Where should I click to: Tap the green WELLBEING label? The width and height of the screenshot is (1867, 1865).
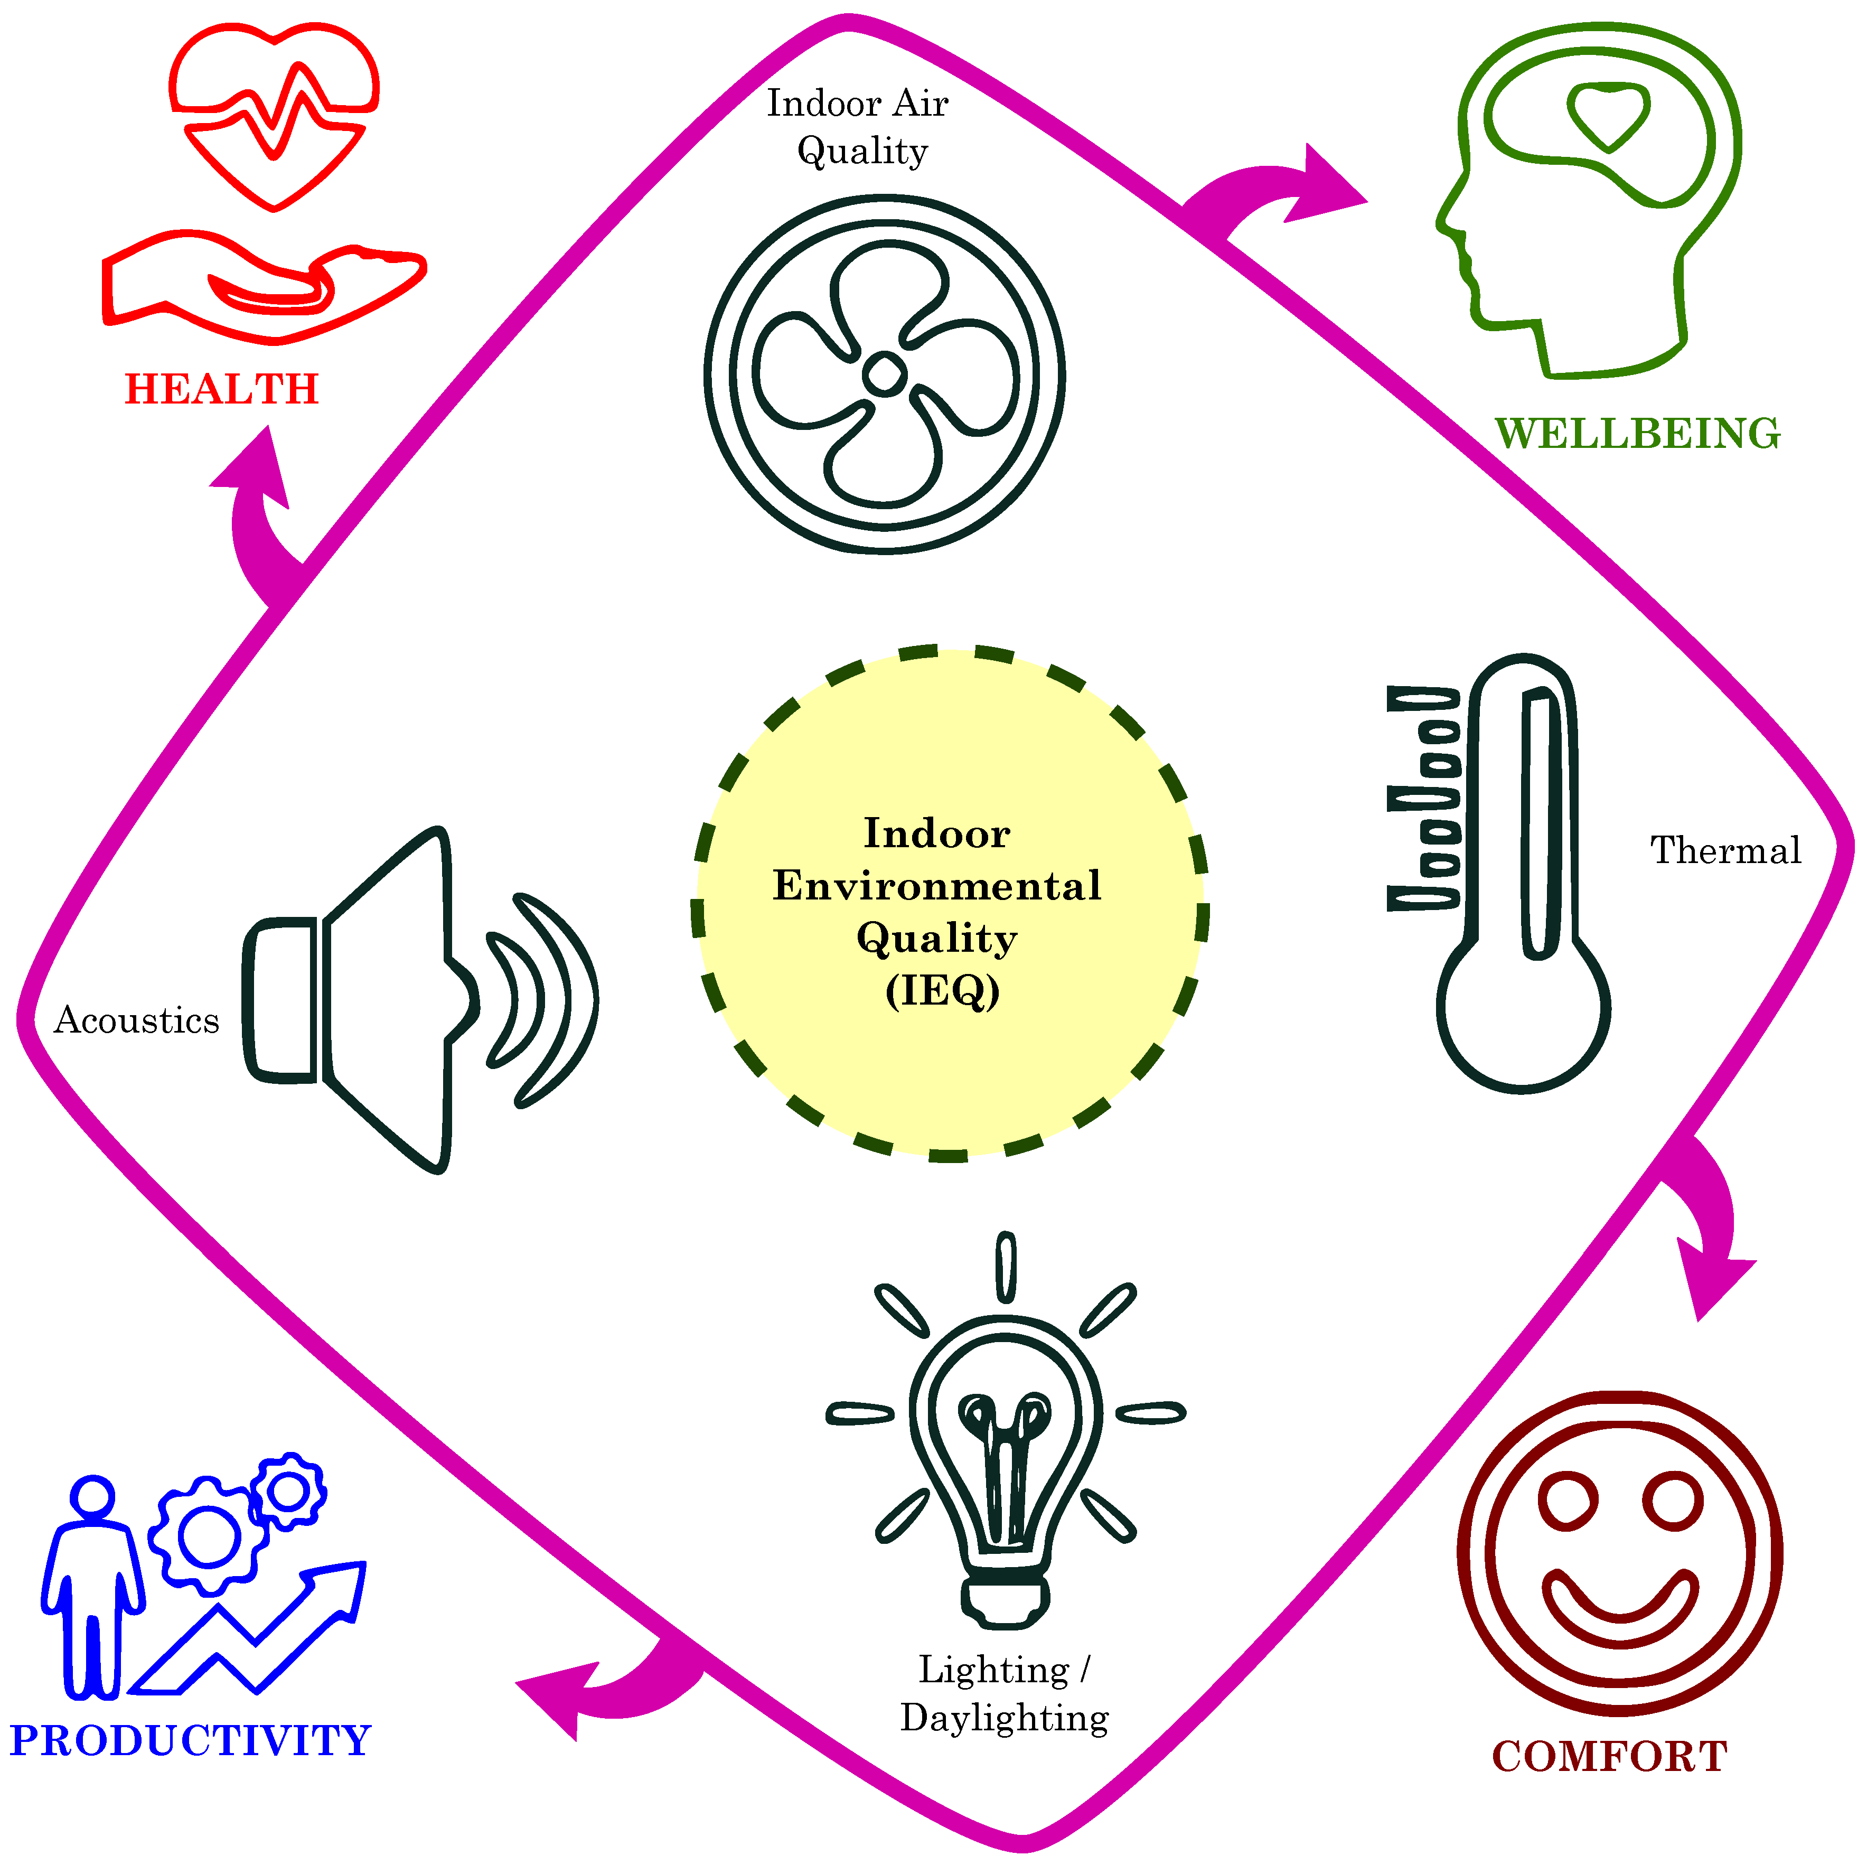coord(1637,434)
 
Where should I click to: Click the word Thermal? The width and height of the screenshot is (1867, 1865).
coord(1725,850)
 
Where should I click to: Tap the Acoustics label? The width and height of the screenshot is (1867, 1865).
coord(136,1020)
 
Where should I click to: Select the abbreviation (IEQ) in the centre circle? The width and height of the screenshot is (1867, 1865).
coord(942,990)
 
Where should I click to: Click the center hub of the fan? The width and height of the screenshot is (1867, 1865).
coord(883,374)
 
